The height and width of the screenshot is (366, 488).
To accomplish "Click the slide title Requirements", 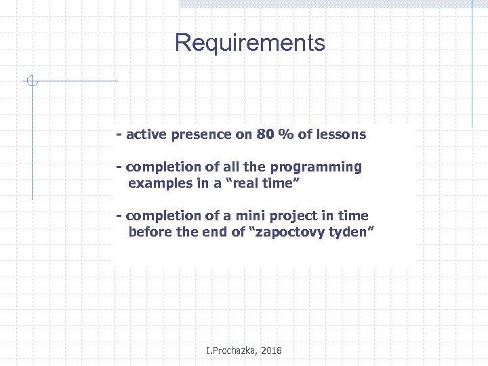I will pos(249,43).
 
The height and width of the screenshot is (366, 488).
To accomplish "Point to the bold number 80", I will pos(265,134).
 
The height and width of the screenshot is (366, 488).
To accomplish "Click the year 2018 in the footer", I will pos(270,350).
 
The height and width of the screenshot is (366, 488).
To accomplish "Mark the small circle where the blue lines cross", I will pos(31,82).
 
